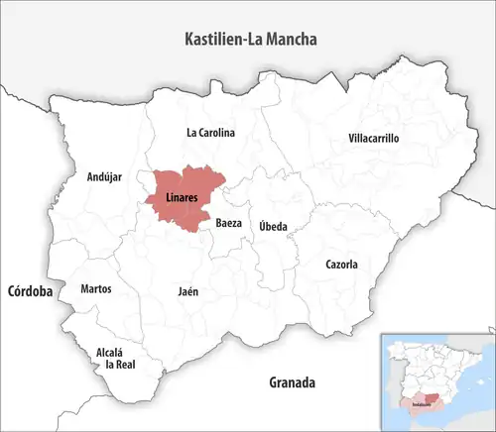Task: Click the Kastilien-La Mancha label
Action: coord(257,40)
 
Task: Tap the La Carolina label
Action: coord(210,132)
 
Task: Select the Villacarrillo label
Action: coord(374,139)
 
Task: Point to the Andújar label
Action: coord(104,177)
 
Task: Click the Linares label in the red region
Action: coord(182,197)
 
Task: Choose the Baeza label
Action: coord(229,224)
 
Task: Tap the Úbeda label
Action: coord(273,227)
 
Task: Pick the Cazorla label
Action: coord(341,265)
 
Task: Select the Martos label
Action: coord(96,289)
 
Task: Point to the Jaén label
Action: coord(187,292)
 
